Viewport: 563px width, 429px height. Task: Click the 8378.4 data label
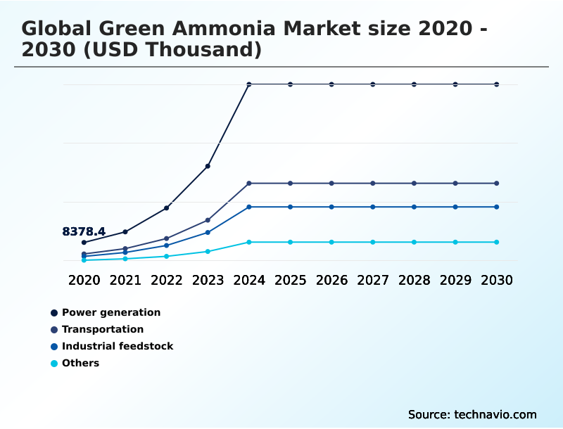[84, 231]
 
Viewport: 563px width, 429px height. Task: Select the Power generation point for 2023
[208, 166]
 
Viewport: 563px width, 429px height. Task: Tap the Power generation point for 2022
[166, 208]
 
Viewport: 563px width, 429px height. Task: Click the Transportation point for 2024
[249, 184]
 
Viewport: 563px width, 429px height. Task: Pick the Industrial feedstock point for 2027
[373, 207]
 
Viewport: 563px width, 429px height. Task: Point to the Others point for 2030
[497, 242]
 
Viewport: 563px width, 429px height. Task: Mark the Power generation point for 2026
[331, 84]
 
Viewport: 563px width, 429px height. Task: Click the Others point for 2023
[208, 251]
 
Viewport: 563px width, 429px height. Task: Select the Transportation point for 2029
[455, 184]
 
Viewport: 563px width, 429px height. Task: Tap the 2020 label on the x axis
[84, 280]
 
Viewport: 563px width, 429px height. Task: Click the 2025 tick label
[290, 280]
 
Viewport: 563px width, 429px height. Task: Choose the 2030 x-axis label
[497, 280]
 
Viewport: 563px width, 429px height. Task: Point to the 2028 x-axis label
[414, 280]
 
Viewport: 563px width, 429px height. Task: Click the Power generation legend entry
[111, 312]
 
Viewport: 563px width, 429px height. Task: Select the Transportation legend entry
[103, 329]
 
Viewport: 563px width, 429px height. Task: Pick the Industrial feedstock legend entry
[118, 346]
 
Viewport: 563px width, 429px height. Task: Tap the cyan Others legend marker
[54, 364]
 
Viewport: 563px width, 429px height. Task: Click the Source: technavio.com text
[472, 414]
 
